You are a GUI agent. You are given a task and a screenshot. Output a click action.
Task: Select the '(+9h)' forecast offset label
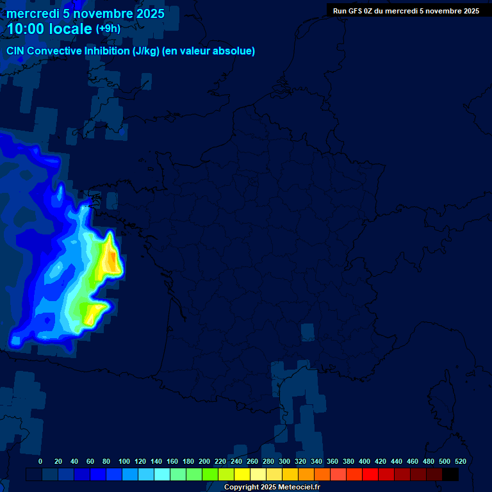coord(108,28)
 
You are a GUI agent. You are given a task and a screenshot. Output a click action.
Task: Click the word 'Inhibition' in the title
coord(106,51)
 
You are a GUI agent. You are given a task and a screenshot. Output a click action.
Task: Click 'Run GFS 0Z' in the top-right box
coord(353,11)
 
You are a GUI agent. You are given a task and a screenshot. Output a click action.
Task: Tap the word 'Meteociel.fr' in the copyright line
coord(299,488)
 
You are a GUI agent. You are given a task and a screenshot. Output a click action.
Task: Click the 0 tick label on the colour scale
coord(40,461)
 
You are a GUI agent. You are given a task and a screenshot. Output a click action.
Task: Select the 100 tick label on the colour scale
coord(124,461)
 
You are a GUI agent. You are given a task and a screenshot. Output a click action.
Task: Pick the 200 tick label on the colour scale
coord(204,461)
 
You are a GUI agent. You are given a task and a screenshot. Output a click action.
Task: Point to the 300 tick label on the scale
coord(284,461)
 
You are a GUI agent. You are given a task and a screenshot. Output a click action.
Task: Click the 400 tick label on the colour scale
coord(365,461)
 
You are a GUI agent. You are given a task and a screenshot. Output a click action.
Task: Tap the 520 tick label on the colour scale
coord(460,461)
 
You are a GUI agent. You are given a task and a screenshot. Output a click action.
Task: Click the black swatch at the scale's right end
coord(450,475)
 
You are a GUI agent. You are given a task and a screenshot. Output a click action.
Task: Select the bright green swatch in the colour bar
coord(210,475)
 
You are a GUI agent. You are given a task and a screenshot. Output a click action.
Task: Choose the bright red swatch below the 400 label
coord(370,475)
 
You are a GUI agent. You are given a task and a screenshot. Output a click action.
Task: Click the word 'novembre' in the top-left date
coord(97,13)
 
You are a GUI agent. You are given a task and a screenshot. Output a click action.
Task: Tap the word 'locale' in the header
coord(70,29)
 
